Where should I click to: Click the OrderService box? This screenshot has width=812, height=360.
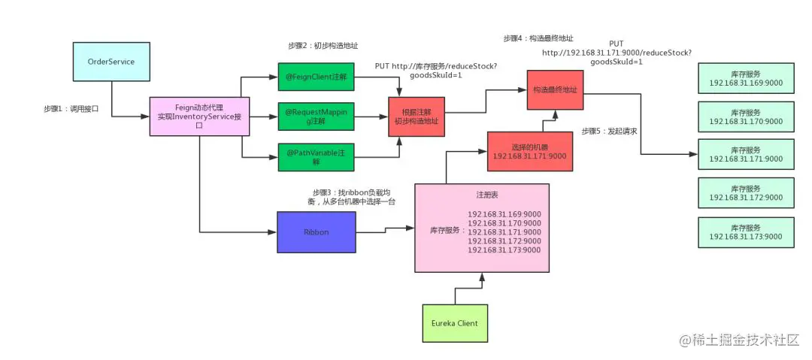(111, 62)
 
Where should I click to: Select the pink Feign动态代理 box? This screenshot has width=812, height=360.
(199, 116)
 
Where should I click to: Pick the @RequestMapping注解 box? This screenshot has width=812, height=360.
(316, 116)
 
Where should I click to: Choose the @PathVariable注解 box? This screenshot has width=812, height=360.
(316, 157)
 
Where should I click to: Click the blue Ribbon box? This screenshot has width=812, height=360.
(316, 232)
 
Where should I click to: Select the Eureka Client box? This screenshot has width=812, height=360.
(454, 323)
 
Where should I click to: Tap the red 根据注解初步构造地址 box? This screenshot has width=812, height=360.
(416, 116)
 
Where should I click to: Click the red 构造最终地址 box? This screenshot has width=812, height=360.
(555, 89)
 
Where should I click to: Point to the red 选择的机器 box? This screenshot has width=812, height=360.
(524, 151)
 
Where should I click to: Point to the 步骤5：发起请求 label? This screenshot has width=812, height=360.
(609, 132)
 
